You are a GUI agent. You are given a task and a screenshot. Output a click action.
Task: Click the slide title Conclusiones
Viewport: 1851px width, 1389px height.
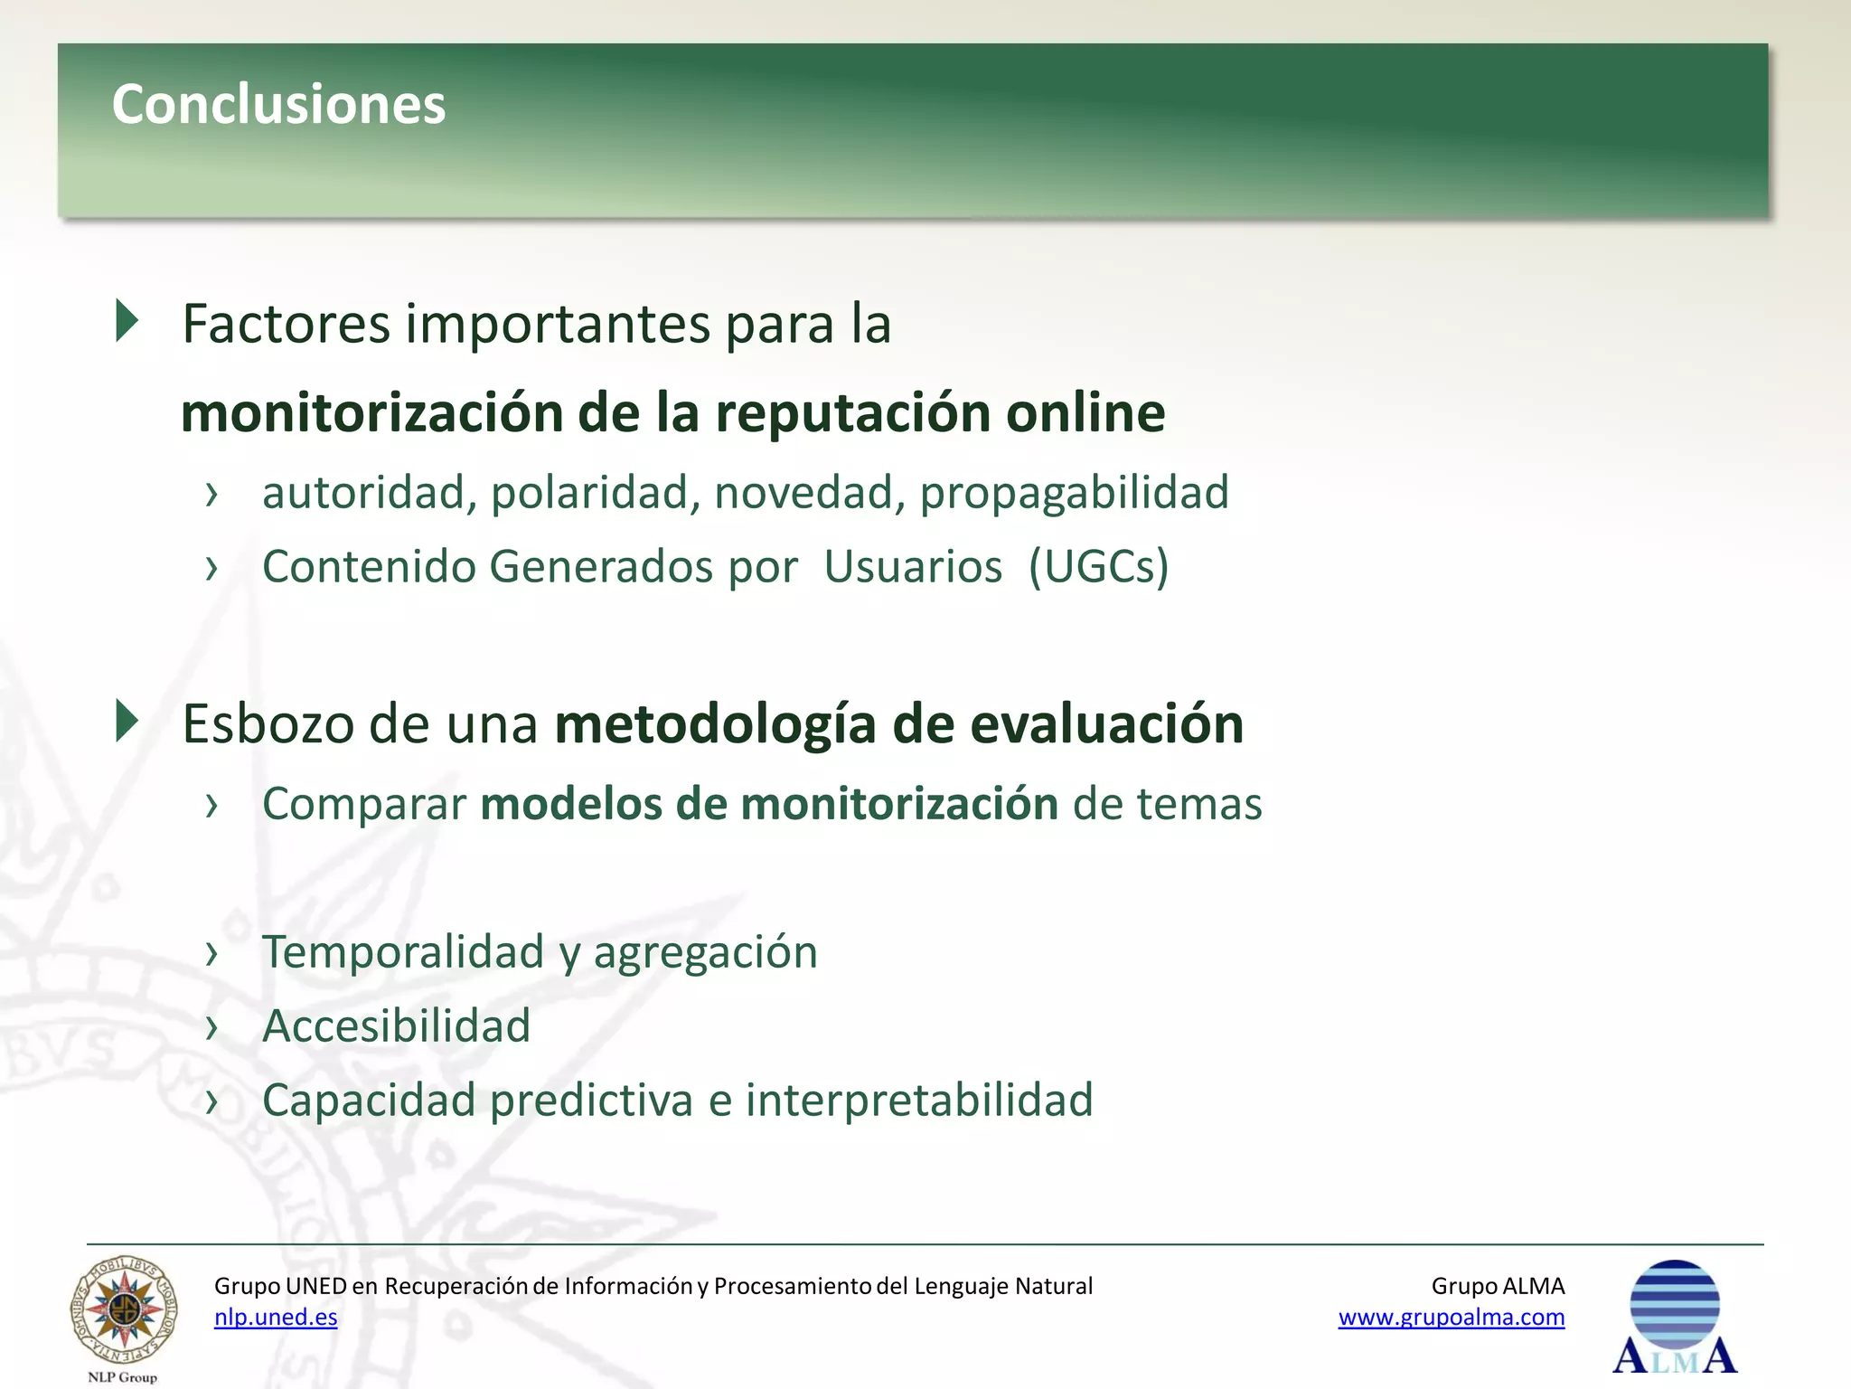pyautogui.click(x=278, y=104)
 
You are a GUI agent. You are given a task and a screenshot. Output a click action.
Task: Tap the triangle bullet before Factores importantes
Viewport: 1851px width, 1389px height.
pyautogui.click(x=127, y=321)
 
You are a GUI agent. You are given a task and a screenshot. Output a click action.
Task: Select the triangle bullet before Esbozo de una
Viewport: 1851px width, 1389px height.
pyautogui.click(x=127, y=722)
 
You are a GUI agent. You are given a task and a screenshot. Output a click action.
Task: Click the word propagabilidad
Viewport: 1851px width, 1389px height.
pyautogui.click(x=1074, y=493)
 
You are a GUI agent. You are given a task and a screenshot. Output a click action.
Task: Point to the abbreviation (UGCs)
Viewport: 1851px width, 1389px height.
pyautogui.click(x=1098, y=567)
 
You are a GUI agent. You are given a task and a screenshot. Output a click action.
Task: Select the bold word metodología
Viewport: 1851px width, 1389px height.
pyautogui.click(x=715, y=724)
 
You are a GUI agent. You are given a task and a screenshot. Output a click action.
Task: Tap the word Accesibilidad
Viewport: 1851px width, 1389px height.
pyautogui.click(x=396, y=1026)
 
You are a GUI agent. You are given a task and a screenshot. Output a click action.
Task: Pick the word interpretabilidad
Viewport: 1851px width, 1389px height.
pyautogui.click(x=918, y=1101)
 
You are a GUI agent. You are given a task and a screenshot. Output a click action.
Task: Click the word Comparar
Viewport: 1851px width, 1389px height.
pyautogui.click(x=363, y=804)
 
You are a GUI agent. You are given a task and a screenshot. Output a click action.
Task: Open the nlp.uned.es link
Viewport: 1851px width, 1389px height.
pyautogui.click(x=276, y=1318)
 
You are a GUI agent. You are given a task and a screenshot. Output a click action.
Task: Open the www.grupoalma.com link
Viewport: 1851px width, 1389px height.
pyautogui.click(x=1451, y=1318)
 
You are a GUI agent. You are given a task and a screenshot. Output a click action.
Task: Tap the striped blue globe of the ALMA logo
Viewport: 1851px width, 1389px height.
pyautogui.click(x=1674, y=1304)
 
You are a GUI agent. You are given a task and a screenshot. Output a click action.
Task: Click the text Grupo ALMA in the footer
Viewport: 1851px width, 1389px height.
pyautogui.click(x=1498, y=1286)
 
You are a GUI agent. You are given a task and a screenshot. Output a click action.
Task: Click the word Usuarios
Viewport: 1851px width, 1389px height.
pyautogui.click(x=912, y=567)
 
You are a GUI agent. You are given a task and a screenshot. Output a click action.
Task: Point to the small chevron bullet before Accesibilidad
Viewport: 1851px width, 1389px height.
pyautogui.click(x=212, y=1027)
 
